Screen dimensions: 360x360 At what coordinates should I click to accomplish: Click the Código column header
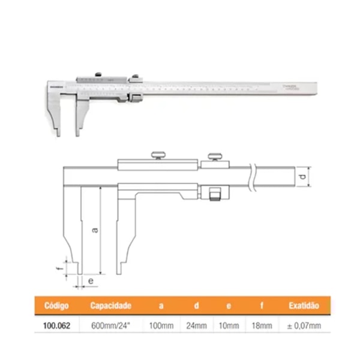56,306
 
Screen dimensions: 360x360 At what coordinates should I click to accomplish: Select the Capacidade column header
110,306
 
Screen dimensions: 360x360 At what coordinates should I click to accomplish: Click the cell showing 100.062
56,326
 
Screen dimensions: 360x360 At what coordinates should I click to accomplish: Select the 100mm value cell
161,326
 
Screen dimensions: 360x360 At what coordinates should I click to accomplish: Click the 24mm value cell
196,326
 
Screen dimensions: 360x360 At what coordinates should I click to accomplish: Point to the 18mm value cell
262,326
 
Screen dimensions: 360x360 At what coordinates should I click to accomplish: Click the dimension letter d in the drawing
304,178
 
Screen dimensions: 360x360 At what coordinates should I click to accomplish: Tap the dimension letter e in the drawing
90,280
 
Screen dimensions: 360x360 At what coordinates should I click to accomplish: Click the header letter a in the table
161,306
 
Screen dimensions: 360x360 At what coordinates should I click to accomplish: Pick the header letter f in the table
262,306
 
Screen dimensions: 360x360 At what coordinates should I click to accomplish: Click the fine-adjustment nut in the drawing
215,194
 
